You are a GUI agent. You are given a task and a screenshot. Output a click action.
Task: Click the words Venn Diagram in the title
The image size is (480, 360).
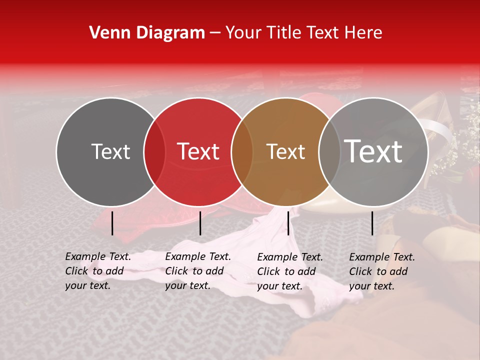tap(147, 33)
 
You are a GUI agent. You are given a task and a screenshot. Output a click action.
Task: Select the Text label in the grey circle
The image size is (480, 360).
tap(110, 151)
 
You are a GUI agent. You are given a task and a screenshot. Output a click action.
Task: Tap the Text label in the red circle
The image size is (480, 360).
tap(198, 151)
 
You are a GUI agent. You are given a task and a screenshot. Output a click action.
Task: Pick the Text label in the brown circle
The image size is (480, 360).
tap(285, 151)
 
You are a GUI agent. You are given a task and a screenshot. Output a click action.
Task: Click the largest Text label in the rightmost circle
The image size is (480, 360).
tap(373, 151)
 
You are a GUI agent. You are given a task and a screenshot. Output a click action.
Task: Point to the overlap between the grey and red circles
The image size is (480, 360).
tap(154, 152)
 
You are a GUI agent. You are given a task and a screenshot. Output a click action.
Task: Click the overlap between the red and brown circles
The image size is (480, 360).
tap(242, 152)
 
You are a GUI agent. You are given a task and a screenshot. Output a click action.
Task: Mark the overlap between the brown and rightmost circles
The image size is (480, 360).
tap(329, 152)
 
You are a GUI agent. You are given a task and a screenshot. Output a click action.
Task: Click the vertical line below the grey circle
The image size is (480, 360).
tap(112, 223)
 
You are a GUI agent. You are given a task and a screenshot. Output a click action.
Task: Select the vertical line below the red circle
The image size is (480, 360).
tap(200, 223)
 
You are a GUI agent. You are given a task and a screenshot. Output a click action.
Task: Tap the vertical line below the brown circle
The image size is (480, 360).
tap(288, 223)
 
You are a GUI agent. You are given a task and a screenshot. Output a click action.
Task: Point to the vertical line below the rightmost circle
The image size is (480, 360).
tap(372, 223)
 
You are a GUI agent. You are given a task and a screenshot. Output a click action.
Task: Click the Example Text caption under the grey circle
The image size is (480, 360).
tap(98, 271)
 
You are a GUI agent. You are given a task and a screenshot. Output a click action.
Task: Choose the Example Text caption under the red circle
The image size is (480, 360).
tap(198, 271)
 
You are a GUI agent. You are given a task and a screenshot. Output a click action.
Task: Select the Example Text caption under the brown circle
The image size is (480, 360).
tap(290, 271)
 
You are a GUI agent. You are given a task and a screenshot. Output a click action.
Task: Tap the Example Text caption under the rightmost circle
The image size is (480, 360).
tap(382, 271)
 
